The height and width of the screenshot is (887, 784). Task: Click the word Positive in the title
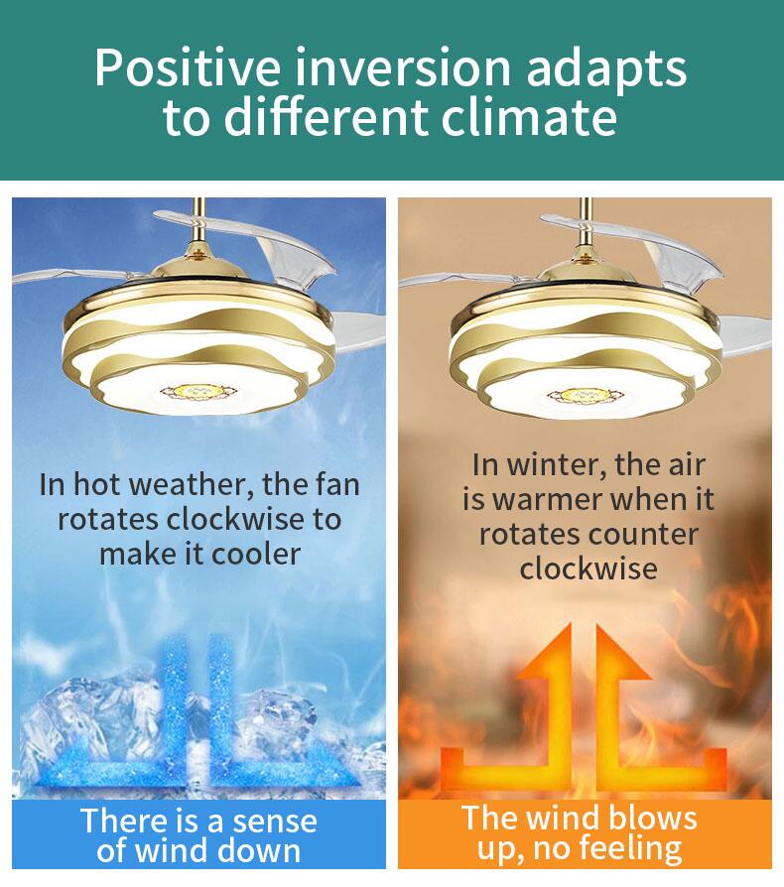(x=187, y=67)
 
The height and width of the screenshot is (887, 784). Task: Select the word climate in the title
(x=528, y=117)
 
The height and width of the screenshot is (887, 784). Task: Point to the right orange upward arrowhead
(x=622, y=651)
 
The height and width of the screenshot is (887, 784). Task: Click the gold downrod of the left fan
(x=198, y=227)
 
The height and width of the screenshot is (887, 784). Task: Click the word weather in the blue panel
(x=193, y=485)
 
